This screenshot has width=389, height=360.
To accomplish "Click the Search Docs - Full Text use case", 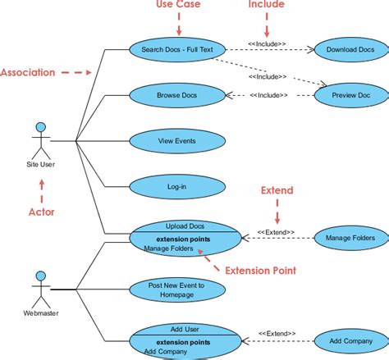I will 176,49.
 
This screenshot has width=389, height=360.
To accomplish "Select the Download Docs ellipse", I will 350,49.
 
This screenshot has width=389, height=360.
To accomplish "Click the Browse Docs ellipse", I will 176,95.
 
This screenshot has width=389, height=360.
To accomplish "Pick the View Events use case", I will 176,141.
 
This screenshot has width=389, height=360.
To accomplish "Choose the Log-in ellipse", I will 176,187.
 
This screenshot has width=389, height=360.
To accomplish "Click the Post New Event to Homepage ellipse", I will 176,289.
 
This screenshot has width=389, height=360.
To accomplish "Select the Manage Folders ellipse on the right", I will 350,238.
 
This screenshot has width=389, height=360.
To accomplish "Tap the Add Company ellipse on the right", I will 350,340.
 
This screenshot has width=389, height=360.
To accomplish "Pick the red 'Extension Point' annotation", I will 261,269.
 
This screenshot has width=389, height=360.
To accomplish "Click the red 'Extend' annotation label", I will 277,190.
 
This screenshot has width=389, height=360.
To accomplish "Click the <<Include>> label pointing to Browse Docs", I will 268,95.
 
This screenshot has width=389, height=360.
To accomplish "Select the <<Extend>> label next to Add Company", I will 276,333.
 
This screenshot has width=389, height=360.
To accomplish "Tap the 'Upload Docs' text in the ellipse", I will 185,226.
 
